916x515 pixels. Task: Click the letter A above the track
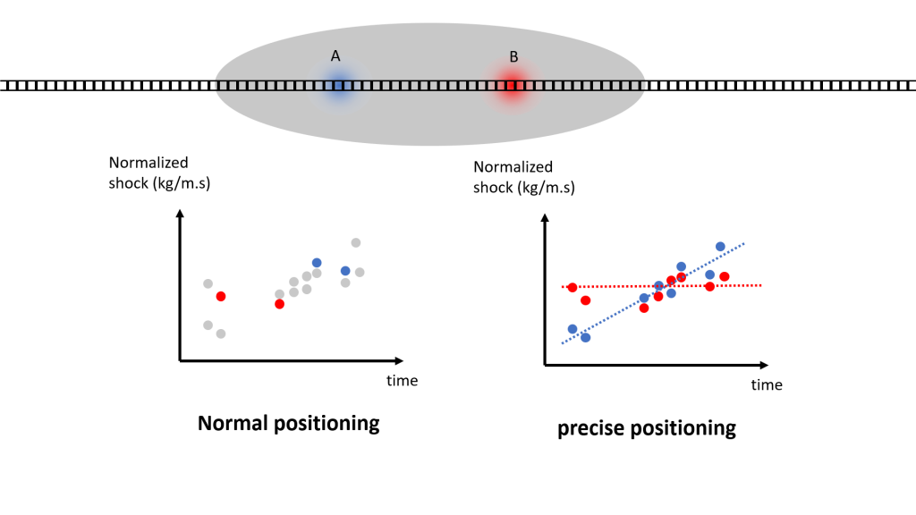click(x=335, y=56)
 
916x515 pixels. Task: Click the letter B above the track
click(x=513, y=56)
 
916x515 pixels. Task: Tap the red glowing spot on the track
click(x=512, y=86)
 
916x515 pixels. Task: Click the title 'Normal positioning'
click(x=289, y=423)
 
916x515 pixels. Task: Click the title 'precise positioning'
click(x=647, y=428)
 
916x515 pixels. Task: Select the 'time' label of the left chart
click(x=402, y=381)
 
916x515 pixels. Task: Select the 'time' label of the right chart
click(x=767, y=384)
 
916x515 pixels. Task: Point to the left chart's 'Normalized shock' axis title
click(x=159, y=173)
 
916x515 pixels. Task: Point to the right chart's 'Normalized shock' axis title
click(x=524, y=177)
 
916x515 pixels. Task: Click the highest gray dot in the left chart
click(x=356, y=242)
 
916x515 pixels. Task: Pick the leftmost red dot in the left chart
click(x=221, y=297)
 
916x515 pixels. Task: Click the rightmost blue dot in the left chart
click(x=345, y=271)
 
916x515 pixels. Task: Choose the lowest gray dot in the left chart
click(x=221, y=334)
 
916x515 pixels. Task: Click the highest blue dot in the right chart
click(x=720, y=247)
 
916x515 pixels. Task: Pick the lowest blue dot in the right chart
click(x=585, y=337)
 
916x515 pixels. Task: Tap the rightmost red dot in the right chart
click(x=725, y=276)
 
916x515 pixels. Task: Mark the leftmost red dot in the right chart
click(x=572, y=287)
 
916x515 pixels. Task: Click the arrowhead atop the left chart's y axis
click(x=180, y=214)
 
